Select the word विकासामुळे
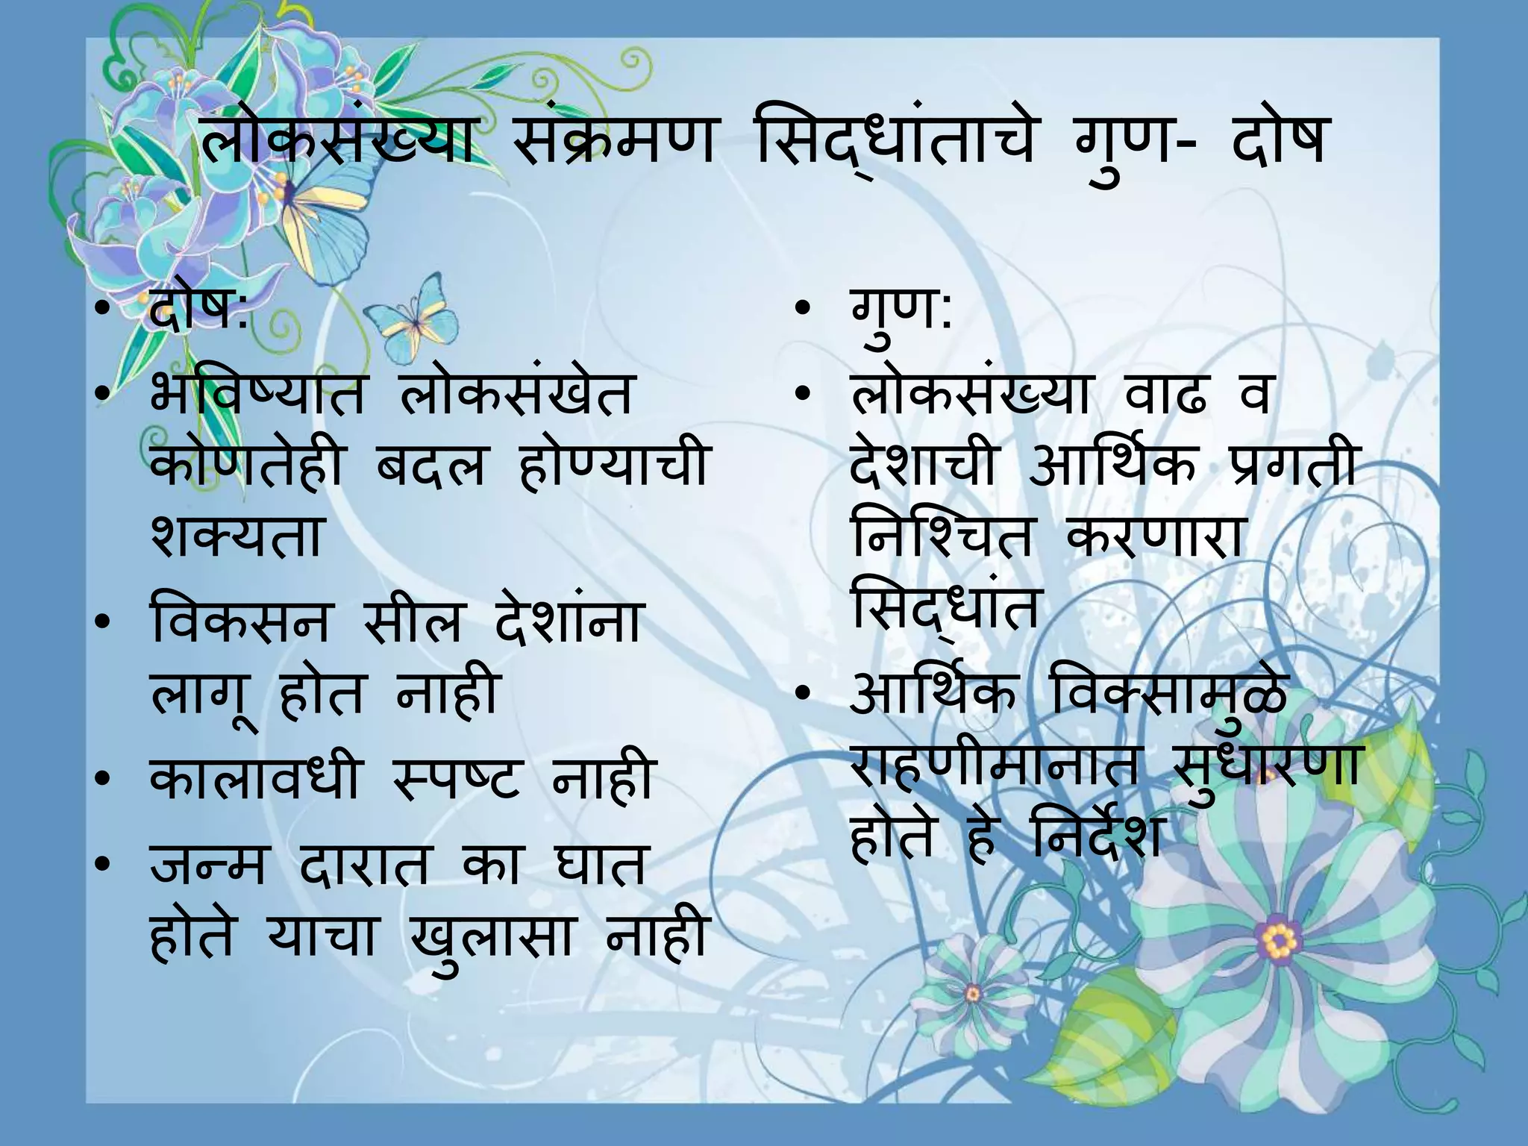pos(1168,694)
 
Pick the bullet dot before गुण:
pos(802,309)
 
